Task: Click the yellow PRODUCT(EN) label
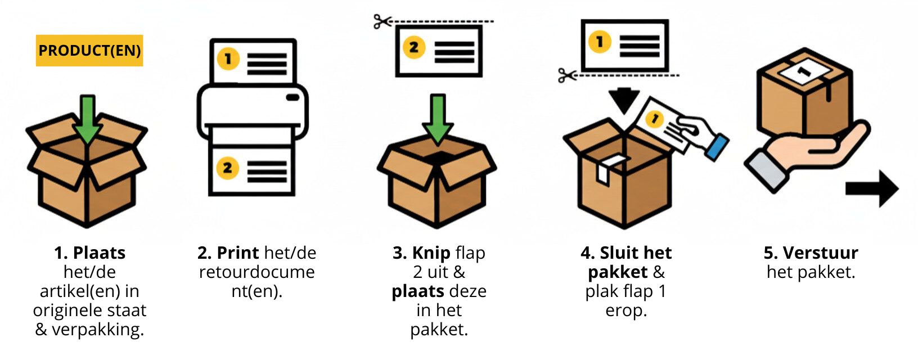point(89,51)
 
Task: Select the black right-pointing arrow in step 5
point(872,188)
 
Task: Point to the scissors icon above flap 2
point(382,22)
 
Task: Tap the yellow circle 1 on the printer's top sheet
point(228,59)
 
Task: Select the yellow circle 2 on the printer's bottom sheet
point(227,168)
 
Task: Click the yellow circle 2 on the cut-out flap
point(413,47)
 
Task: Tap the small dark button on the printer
point(292,97)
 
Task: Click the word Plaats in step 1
point(99,253)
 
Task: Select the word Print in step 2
point(238,253)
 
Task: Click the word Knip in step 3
point(431,253)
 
